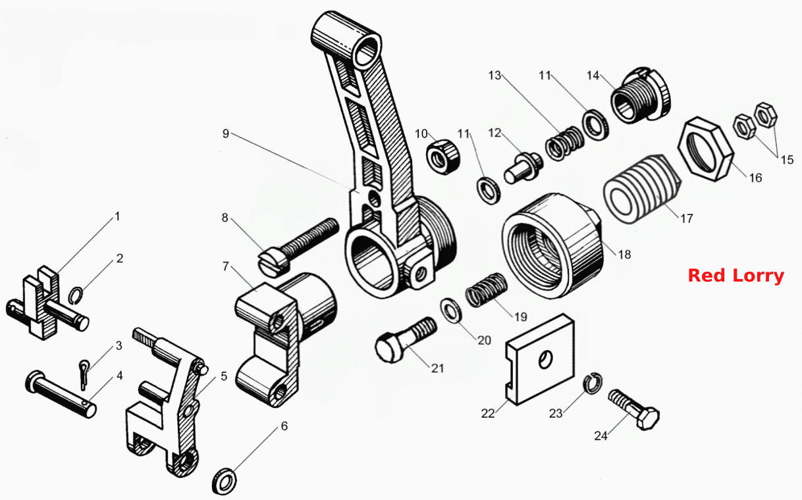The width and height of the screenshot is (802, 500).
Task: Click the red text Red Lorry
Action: tap(735, 276)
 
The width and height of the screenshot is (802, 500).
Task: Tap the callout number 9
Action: tap(226, 134)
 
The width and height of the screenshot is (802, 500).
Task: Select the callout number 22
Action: tap(488, 413)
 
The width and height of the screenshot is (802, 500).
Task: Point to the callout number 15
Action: tap(788, 159)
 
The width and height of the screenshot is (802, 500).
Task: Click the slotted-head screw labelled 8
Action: tap(298, 246)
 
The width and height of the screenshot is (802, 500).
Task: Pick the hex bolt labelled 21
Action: tap(406, 339)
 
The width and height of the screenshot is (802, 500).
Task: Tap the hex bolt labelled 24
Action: tap(633, 409)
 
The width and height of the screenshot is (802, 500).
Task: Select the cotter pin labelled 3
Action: tap(83, 374)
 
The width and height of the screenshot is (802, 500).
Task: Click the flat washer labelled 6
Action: tap(225, 481)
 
